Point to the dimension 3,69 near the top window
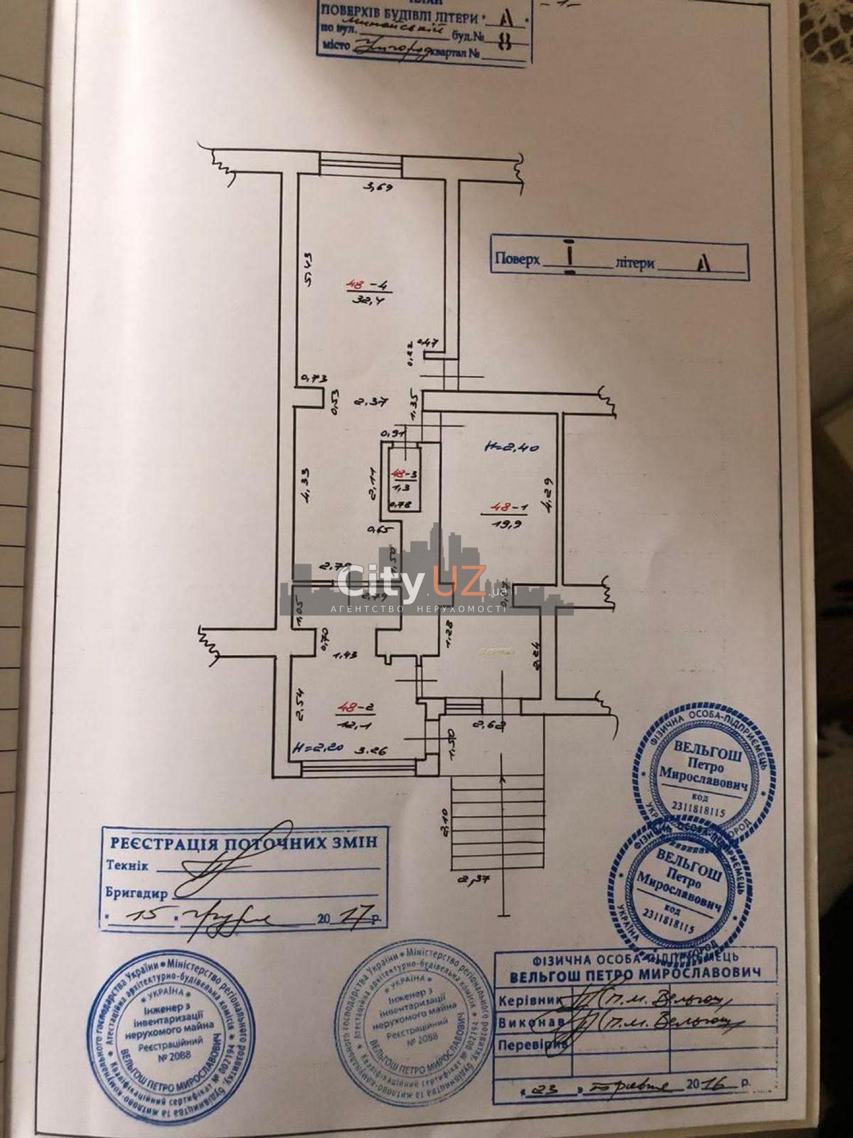click(x=378, y=187)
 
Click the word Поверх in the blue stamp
click(x=517, y=259)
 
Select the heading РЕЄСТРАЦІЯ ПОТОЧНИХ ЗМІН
click(x=243, y=843)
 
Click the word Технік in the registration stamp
click(x=127, y=866)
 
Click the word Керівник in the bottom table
click(x=528, y=1001)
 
